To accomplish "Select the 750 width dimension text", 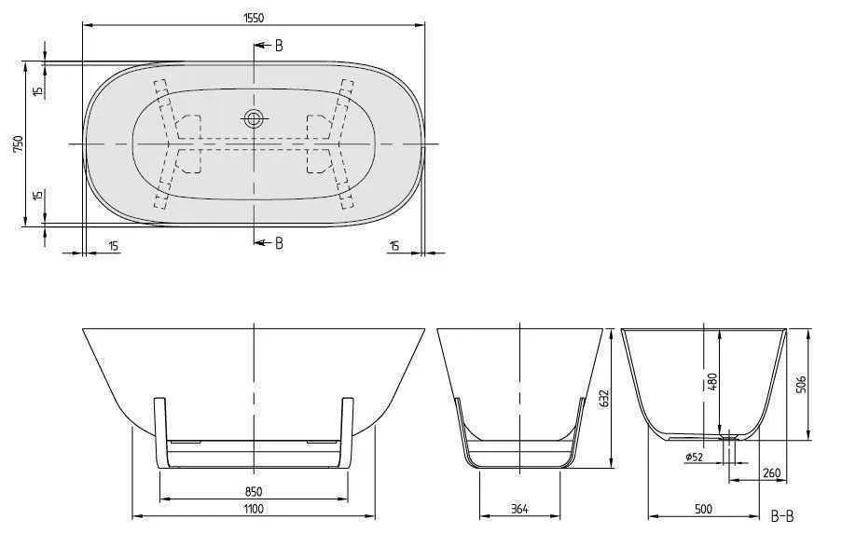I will (x=18, y=143).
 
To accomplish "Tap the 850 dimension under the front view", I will (x=253, y=491).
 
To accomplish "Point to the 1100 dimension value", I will (x=253, y=509).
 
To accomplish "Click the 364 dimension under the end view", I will (x=519, y=509).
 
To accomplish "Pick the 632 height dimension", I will (x=605, y=399).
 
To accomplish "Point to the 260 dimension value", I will (x=770, y=473).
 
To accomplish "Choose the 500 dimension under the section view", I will (x=703, y=509).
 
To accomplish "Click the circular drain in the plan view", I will (x=254, y=118).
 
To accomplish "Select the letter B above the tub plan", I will (x=278, y=46).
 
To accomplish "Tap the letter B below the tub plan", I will (x=278, y=242).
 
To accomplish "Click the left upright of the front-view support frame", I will (x=159, y=429).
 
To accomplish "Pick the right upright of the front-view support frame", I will (x=348, y=429).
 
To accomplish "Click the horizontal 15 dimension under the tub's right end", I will (x=393, y=246).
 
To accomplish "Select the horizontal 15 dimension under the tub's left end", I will (x=113, y=246).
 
